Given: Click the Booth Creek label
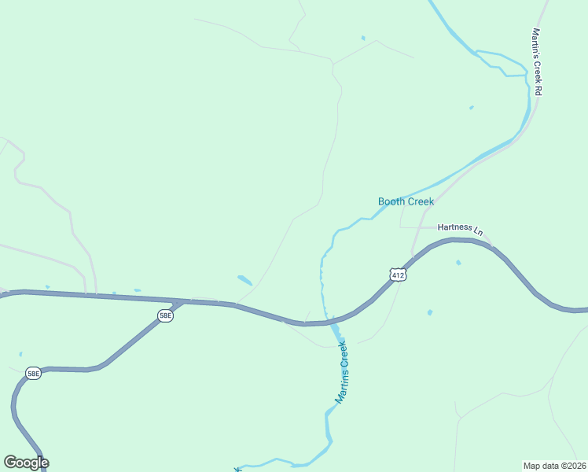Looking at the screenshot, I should [406, 202].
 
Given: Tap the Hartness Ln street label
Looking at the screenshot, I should [460, 229].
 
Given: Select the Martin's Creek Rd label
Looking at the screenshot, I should [537, 62].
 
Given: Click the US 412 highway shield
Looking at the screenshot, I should [398, 275].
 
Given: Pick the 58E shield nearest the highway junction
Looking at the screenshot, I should [165, 315].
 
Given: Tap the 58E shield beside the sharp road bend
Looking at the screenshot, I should [33, 374].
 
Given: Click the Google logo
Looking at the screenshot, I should [26, 463].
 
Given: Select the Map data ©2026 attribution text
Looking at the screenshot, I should [555, 465].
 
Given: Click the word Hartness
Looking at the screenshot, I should [454, 227].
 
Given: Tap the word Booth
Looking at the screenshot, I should [391, 202].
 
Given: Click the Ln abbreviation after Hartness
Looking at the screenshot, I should [477, 231].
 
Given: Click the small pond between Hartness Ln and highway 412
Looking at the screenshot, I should [458, 262].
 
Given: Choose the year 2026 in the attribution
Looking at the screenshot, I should [575, 465].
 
